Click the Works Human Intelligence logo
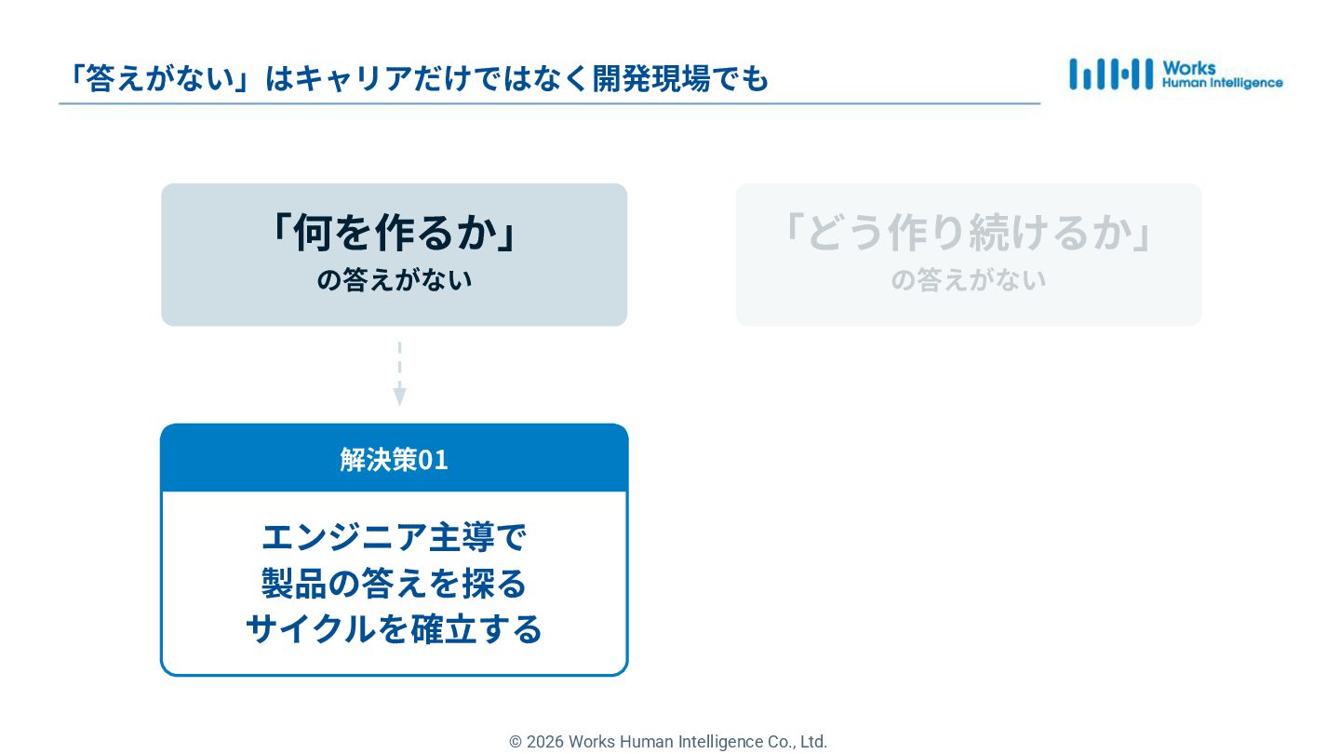click(x=1175, y=74)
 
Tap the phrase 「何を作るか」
click(x=394, y=233)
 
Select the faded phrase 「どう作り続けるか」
click(x=969, y=233)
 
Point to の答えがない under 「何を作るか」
click(x=394, y=280)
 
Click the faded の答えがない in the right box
click(x=969, y=280)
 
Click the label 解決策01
click(x=394, y=460)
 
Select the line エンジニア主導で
click(x=394, y=538)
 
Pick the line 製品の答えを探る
click(x=394, y=584)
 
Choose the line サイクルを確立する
click(x=394, y=629)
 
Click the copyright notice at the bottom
click(x=668, y=742)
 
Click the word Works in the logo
click(x=1188, y=67)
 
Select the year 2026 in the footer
click(x=545, y=742)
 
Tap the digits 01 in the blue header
click(x=433, y=460)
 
